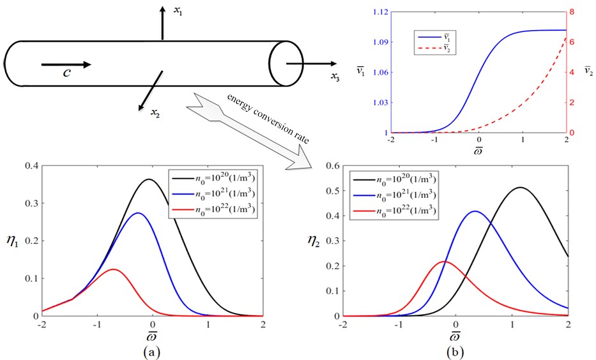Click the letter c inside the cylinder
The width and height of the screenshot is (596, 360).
tap(66, 72)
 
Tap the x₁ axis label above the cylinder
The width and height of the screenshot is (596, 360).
tap(178, 13)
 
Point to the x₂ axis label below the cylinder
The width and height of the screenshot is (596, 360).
tap(155, 114)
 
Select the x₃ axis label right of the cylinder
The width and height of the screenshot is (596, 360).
tap(335, 79)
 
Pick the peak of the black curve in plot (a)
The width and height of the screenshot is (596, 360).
tap(149, 179)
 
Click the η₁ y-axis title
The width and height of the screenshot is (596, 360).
tap(13, 241)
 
